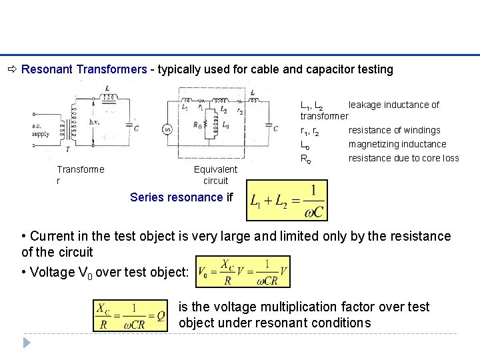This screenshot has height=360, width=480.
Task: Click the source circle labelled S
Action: pos(167,130)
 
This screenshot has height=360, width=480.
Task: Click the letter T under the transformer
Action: pos(67,151)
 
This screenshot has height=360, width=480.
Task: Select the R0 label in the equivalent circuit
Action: pos(197,125)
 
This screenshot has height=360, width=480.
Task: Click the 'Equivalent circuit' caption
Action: pos(215,175)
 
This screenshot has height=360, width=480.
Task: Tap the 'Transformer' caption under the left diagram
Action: pos(80,175)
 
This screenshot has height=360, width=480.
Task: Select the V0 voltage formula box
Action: pos(243,271)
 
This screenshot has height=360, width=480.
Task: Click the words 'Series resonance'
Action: pos(176,197)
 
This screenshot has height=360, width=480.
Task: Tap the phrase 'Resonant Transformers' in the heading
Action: pos(84,69)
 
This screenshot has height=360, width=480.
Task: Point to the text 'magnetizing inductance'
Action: pos(397,144)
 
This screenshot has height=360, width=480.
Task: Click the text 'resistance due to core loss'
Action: pos(403,158)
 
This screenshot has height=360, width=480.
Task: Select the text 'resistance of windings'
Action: pos(394,130)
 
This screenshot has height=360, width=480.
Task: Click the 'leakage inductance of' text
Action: pos(393,105)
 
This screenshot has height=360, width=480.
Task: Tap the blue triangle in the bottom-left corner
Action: pos(27,343)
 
